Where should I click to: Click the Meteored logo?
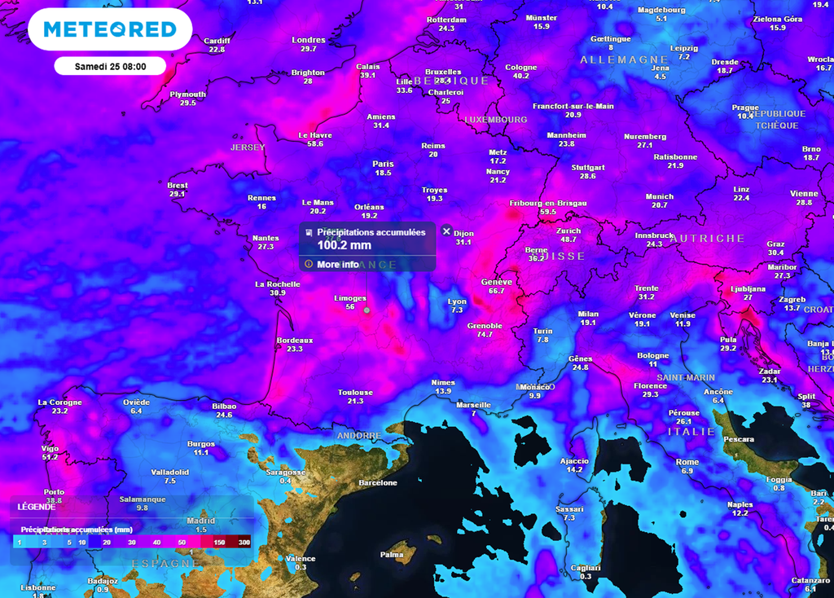click(110, 30)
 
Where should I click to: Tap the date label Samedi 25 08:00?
click(110, 66)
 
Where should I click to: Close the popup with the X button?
click(446, 231)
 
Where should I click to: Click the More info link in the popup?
click(337, 264)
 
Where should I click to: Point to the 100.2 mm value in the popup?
click(344, 244)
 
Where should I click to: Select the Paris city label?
click(383, 163)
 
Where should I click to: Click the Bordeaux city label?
click(295, 340)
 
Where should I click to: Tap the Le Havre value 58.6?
click(314, 144)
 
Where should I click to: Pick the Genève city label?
click(497, 281)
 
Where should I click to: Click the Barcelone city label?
click(379, 482)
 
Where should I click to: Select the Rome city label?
click(687, 462)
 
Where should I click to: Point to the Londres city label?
click(308, 40)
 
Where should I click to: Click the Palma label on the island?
click(392, 555)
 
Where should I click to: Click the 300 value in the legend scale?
click(244, 541)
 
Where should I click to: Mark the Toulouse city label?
click(355, 392)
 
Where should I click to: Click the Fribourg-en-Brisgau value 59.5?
click(547, 212)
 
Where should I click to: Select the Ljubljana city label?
click(748, 288)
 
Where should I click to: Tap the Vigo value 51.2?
click(50, 457)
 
